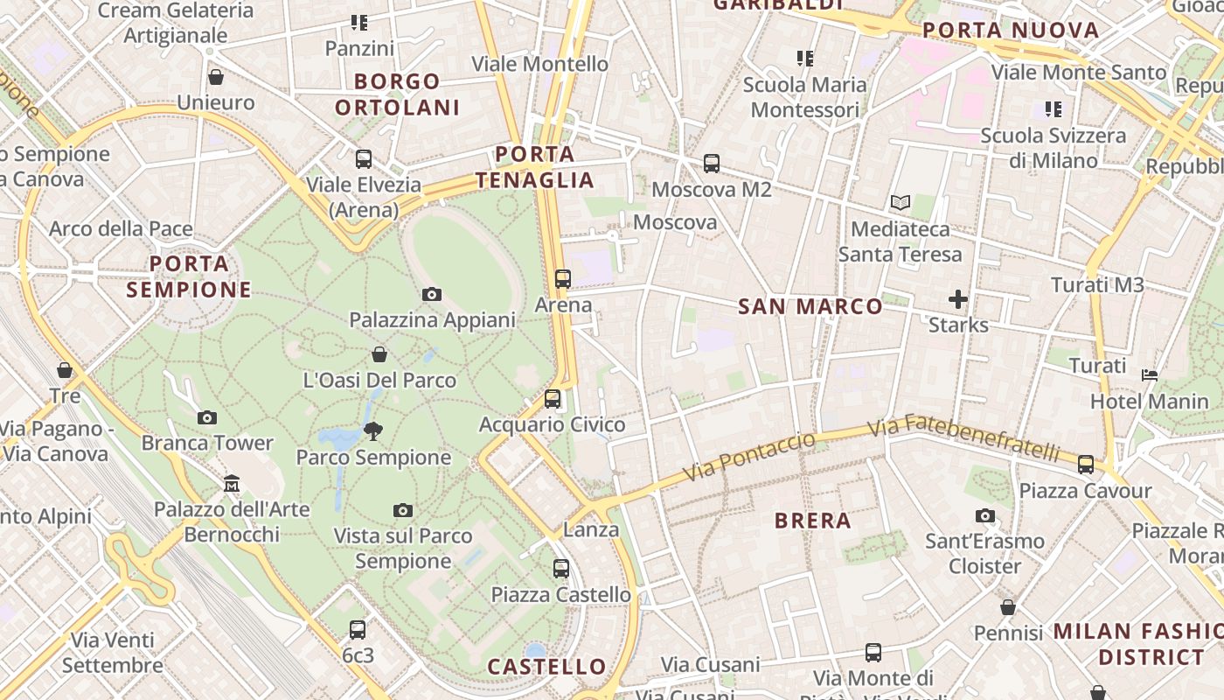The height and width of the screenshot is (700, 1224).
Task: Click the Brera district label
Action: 812,521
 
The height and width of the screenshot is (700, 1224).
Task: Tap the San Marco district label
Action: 810,306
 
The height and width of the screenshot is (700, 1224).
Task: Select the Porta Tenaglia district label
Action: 535,168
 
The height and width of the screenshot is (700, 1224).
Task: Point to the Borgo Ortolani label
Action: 397,94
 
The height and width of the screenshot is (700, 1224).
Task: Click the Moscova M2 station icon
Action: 712,164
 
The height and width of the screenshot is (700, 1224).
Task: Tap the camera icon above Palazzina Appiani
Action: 432,295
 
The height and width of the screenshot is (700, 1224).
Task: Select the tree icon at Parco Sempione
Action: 373,430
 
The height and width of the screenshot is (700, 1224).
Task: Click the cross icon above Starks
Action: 958,300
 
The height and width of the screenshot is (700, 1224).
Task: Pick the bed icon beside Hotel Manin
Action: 1150,376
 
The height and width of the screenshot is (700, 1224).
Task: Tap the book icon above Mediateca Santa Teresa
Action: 901,203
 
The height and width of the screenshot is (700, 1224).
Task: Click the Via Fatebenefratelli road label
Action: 964,438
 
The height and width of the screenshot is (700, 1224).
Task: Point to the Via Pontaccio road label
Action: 748,457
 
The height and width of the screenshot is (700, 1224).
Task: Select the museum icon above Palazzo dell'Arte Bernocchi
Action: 232,483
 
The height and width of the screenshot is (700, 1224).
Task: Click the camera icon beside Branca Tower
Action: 207,418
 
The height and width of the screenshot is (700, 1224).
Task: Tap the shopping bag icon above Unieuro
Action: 215,77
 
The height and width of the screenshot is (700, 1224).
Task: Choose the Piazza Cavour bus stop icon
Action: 1086,465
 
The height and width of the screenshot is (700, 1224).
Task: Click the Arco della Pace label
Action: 121,229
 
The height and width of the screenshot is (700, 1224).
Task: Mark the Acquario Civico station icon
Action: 553,399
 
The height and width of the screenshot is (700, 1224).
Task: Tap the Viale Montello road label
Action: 539,64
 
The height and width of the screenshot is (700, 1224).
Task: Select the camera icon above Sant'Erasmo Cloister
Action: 985,516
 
